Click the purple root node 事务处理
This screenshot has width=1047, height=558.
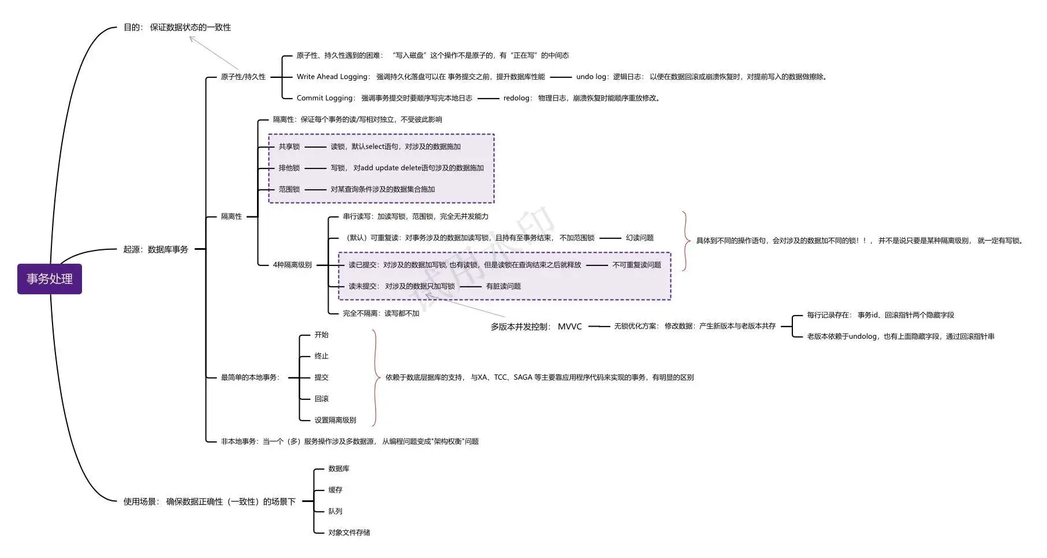[x=50, y=279]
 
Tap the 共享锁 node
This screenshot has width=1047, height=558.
[x=289, y=147]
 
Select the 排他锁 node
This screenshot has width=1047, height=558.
[x=289, y=168]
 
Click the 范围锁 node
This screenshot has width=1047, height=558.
[x=289, y=189]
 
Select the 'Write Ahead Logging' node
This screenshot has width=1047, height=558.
[x=420, y=77]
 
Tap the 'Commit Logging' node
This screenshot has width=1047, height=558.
[x=384, y=98]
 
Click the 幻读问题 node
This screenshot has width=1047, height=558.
[x=639, y=238]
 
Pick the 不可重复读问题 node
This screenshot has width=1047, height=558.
[x=636, y=265]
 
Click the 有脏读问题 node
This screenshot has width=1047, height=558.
[x=503, y=286]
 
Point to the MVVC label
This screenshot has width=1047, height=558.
[x=569, y=327]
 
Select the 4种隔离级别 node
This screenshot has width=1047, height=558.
[x=292, y=265]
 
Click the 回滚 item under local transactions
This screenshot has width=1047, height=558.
[x=321, y=399]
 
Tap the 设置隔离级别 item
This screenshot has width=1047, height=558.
[x=335, y=420]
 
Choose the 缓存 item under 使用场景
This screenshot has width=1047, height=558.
[x=335, y=490]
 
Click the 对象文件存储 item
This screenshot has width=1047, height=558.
[x=349, y=533]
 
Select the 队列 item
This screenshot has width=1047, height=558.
[x=335, y=511]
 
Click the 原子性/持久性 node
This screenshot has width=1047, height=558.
[x=243, y=77]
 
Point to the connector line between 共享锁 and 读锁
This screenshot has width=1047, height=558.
[x=315, y=147]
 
